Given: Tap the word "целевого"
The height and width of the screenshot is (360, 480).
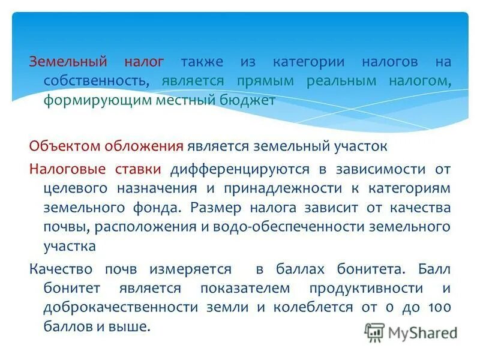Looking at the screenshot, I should [75, 188].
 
